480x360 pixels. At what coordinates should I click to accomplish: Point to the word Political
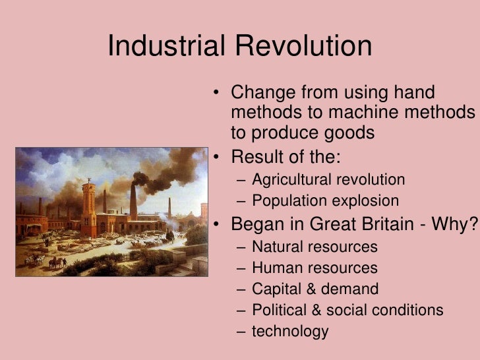click(x=280, y=310)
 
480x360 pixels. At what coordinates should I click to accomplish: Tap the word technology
click(x=290, y=331)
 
